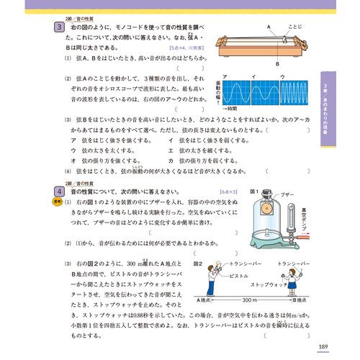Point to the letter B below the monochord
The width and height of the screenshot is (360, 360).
[275, 63]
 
